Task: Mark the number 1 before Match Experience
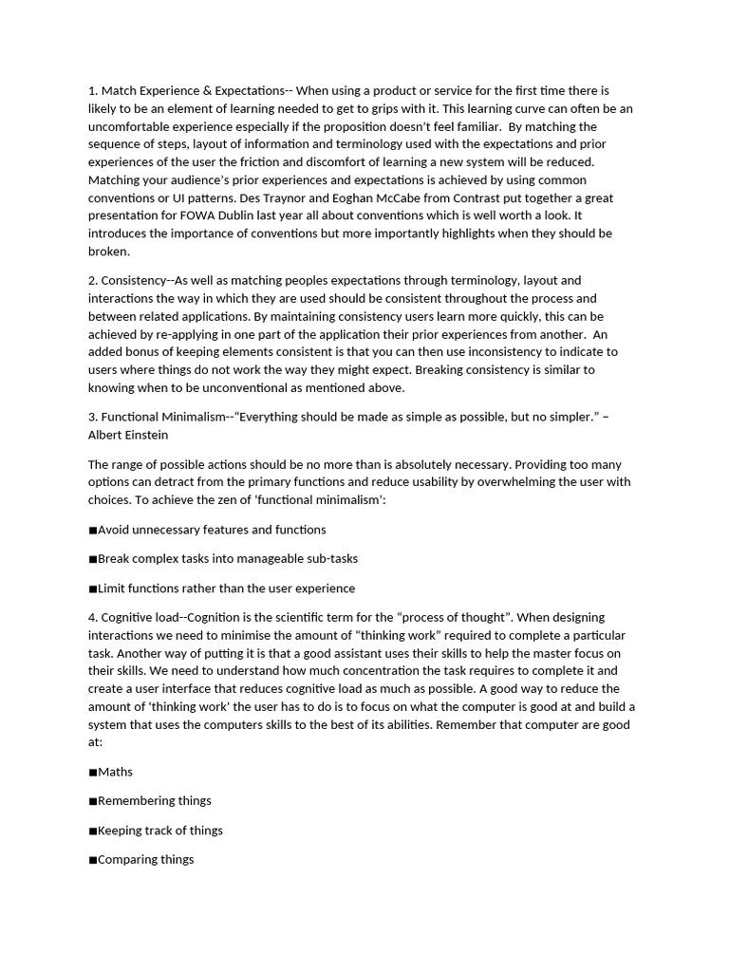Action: tap(92, 91)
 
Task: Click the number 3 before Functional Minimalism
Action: tap(92, 418)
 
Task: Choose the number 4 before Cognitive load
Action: tap(92, 618)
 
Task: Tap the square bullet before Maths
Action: tap(93, 773)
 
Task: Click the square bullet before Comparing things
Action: tap(93, 860)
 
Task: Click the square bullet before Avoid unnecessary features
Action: tap(93, 530)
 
